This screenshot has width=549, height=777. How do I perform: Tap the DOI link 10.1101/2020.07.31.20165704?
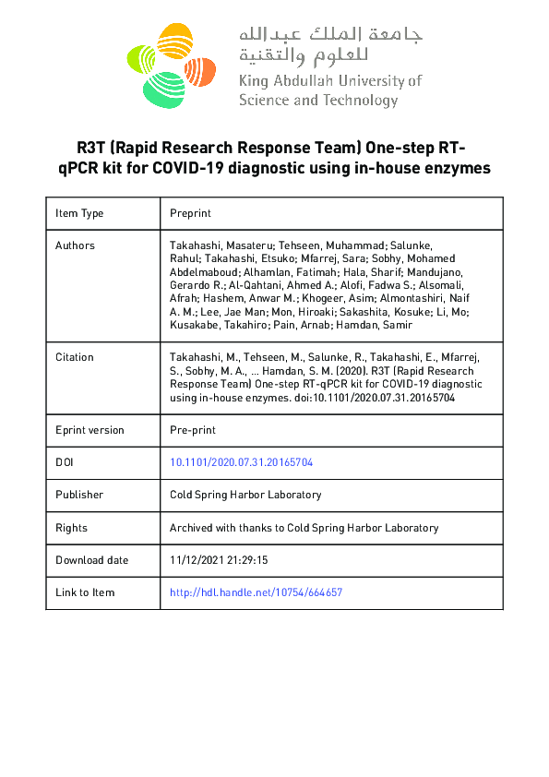(x=241, y=462)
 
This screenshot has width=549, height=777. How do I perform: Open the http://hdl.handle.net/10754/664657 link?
(x=256, y=592)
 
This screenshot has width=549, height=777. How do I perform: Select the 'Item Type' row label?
(x=79, y=213)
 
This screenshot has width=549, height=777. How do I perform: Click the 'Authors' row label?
(x=75, y=245)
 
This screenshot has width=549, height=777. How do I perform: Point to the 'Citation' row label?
(x=75, y=357)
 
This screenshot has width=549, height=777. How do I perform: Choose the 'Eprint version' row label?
(x=90, y=430)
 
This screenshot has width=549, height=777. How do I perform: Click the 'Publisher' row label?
(x=79, y=495)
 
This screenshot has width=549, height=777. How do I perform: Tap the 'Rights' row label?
(x=71, y=528)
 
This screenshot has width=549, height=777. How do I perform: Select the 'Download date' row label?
(x=91, y=560)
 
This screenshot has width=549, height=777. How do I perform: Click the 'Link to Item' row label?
(x=85, y=592)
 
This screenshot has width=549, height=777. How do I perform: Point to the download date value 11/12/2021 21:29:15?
(x=219, y=560)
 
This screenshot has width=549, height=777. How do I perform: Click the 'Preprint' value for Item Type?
(x=190, y=213)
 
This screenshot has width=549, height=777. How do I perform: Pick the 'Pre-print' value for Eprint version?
(x=192, y=430)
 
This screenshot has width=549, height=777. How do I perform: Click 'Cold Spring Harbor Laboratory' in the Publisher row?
(x=245, y=495)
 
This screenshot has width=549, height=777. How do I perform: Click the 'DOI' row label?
(x=66, y=462)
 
